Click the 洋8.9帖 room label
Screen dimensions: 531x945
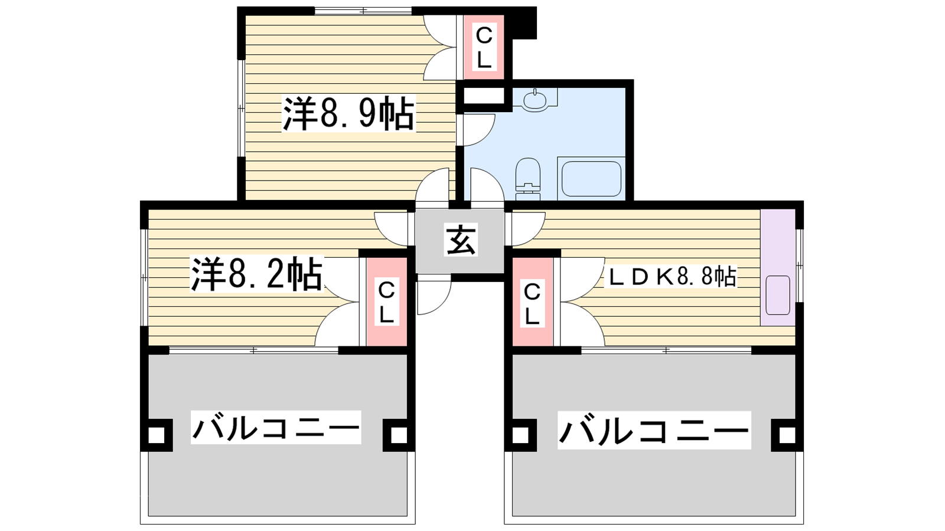[x=348, y=114]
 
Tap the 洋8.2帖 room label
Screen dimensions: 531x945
[x=256, y=274]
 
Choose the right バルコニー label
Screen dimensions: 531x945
[x=654, y=430]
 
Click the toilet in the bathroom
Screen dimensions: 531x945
[x=528, y=175]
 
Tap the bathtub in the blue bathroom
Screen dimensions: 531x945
[x=591, y=179]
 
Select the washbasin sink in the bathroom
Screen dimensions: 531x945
[x=535, y=100]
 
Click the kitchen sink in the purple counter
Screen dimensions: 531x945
[x=777, y=295]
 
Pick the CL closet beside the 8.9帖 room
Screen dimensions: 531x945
[x=484, y=48]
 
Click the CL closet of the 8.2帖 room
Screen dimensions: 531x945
[x=386, y=302]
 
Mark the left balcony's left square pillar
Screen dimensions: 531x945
[x=156, y=435]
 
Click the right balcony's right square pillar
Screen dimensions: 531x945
[x=787, y=435]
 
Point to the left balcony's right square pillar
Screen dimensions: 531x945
[x=399, y=435]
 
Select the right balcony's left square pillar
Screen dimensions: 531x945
[x=520, y=435]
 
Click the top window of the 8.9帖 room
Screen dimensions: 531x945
[x=363, y=11]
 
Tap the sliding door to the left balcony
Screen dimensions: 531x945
[x=253, y=350]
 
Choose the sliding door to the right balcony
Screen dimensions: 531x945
[x=666, y=350]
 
